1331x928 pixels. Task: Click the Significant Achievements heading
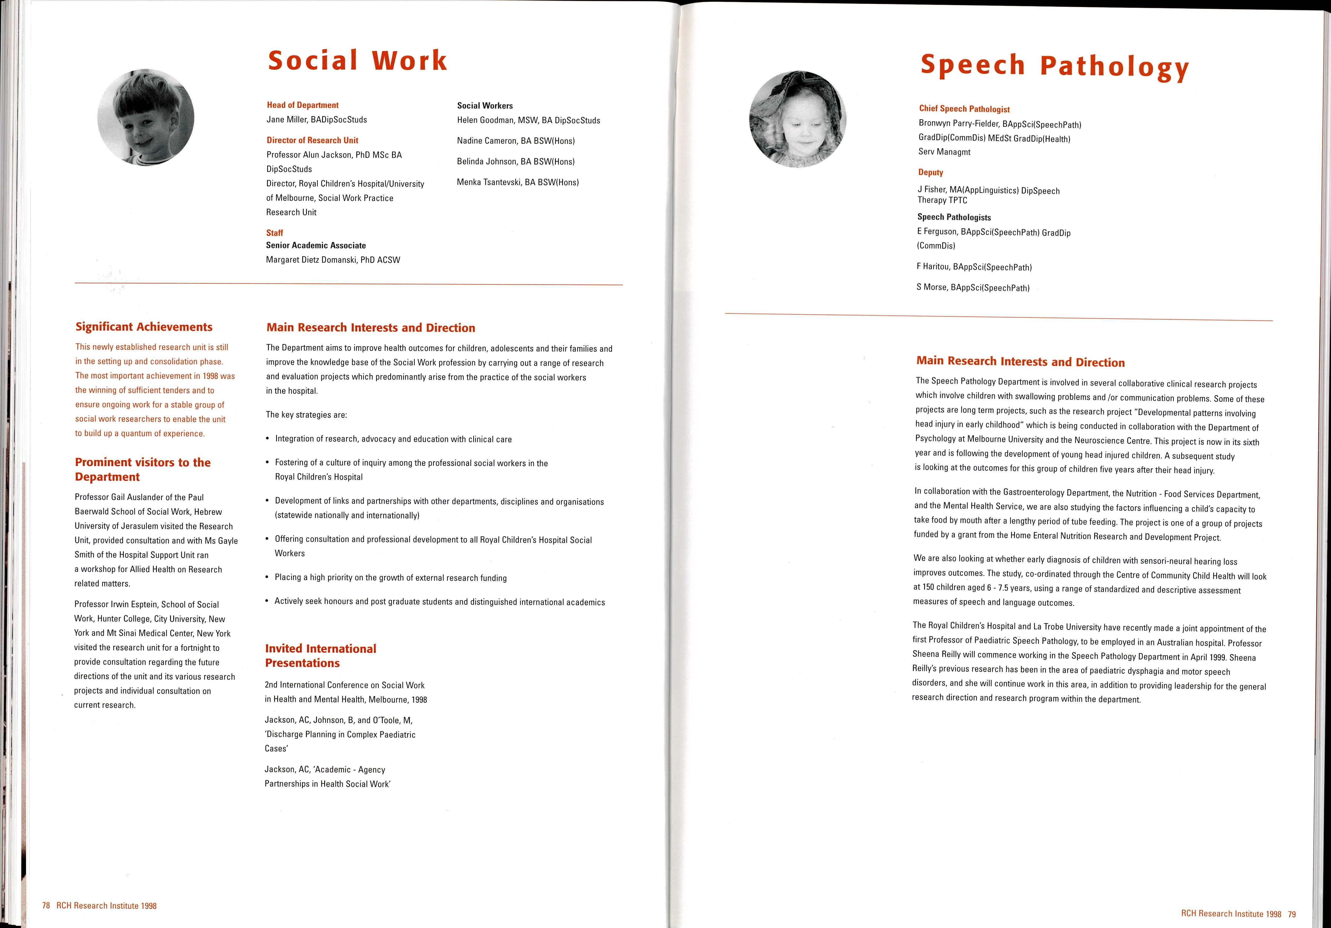(144, 327)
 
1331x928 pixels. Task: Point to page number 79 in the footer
(1292, 914)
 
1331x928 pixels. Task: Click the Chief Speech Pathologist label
(964, 109)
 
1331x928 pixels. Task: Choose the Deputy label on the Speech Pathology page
(930, 172)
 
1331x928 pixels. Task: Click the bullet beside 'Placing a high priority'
(267, 577)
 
